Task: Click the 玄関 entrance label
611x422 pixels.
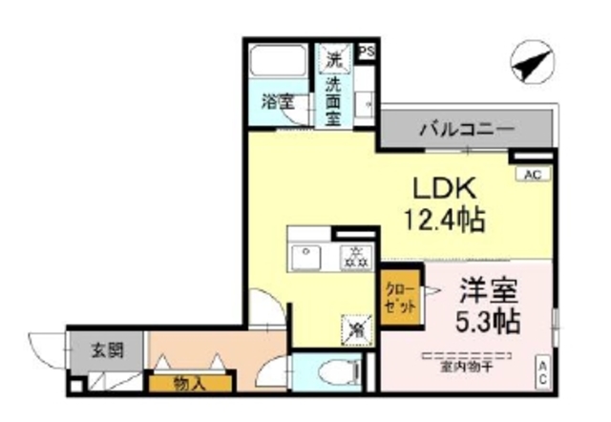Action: coord(105,348)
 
